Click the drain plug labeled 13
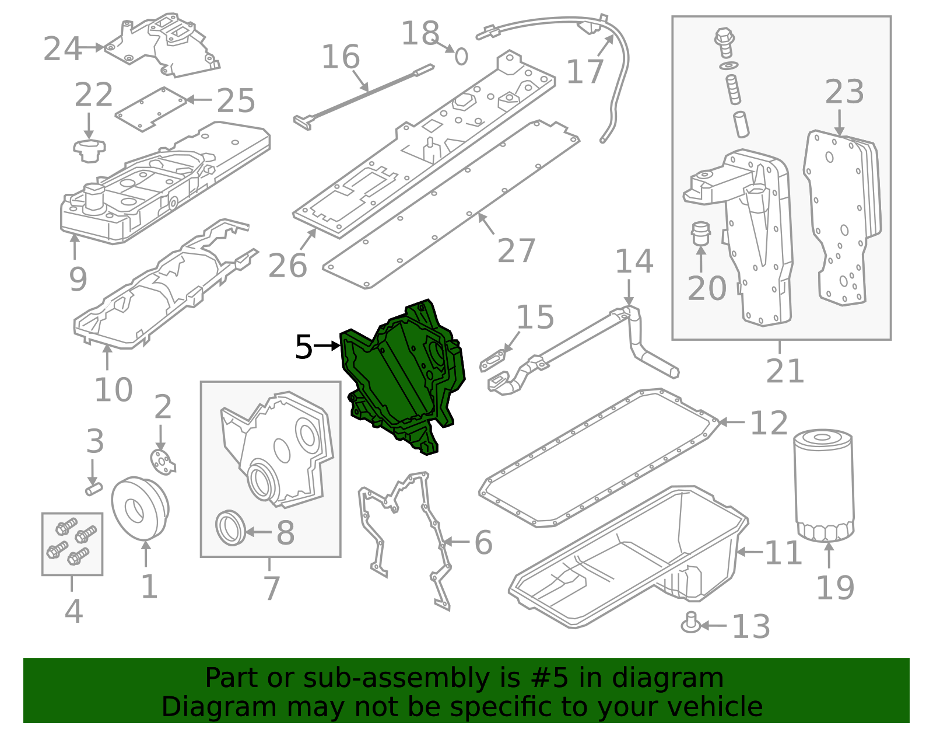point(691,623)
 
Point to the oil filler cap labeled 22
point(89,151)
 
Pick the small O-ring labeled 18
point(461,56)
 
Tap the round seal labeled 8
point(230,528)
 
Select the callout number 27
point(517,250)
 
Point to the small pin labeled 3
point(93,487)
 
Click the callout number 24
point(62,48)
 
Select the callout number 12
point(769,423)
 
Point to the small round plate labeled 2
point(162,461)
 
